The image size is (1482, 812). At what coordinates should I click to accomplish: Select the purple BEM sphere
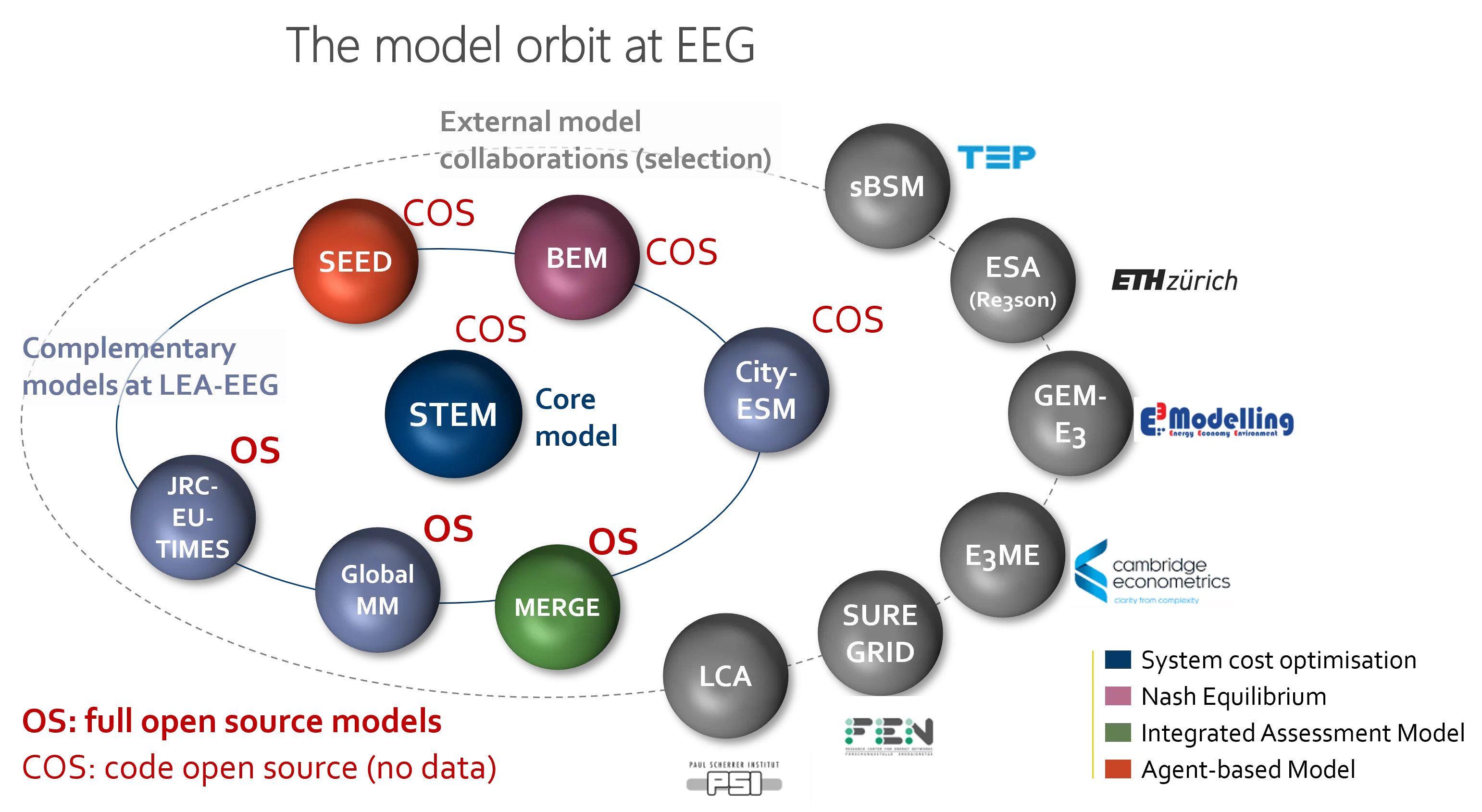[576, 257]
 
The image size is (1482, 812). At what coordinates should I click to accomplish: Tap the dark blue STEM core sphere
[453, 414]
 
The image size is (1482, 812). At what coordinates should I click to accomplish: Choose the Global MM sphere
[377, 589]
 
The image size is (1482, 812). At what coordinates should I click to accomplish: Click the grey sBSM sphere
[886, 186]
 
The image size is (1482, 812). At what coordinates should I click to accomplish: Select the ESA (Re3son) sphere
[1012, 280]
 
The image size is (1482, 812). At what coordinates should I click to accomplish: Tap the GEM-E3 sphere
[1070, 413]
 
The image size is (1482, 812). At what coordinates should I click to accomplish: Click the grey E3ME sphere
[1002, 555]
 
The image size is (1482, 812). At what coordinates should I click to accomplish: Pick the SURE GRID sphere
[880, 633]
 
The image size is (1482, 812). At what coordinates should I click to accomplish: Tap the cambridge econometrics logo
[1152, 572]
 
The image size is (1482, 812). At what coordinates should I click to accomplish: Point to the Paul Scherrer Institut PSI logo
[740, 775]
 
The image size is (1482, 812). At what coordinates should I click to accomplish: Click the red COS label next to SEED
[439, 212]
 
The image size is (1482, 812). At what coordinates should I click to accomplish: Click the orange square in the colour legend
[1117, 768]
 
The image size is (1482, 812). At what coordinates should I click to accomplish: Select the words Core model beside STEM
[575, 417]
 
